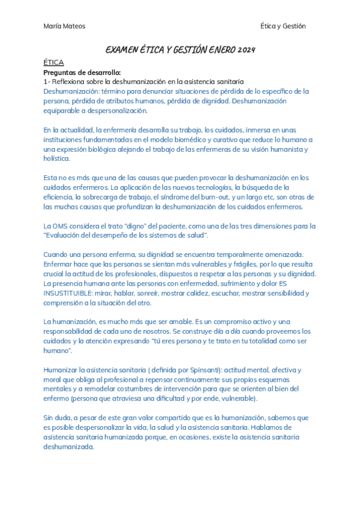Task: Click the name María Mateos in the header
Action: [65, 26]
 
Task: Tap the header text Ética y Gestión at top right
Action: [283, 26]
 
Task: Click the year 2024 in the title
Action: [245, 50]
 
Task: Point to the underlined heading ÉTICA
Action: [54, 62]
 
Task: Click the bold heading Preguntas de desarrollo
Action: [82, 73]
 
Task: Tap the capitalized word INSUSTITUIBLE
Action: [71, 293]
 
